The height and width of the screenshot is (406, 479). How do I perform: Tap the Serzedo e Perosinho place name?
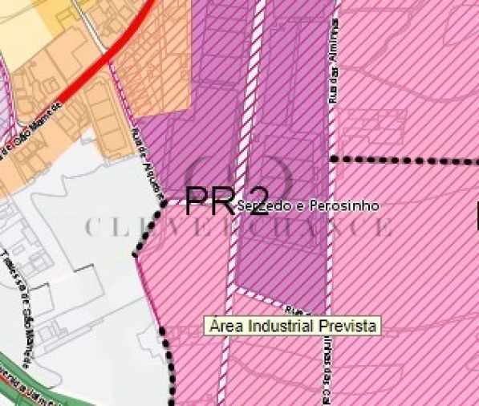point(308,206)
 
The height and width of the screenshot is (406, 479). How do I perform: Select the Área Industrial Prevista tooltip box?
point(292,327)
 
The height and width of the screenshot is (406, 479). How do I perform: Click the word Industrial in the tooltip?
point(286,327)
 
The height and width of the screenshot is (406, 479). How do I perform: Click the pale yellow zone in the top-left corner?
point(24,24)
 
